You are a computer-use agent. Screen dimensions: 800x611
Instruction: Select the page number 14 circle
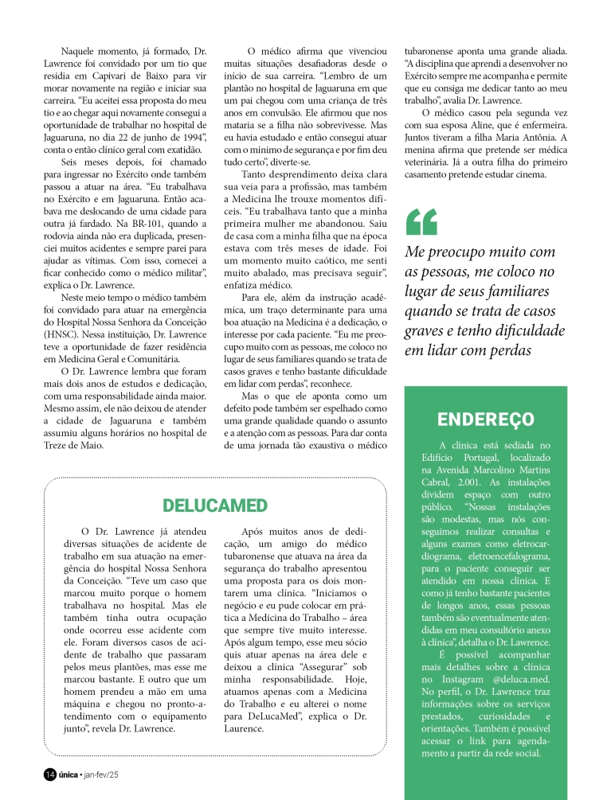click(49, 775)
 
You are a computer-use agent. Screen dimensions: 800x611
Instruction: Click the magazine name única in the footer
click(69, 775)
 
